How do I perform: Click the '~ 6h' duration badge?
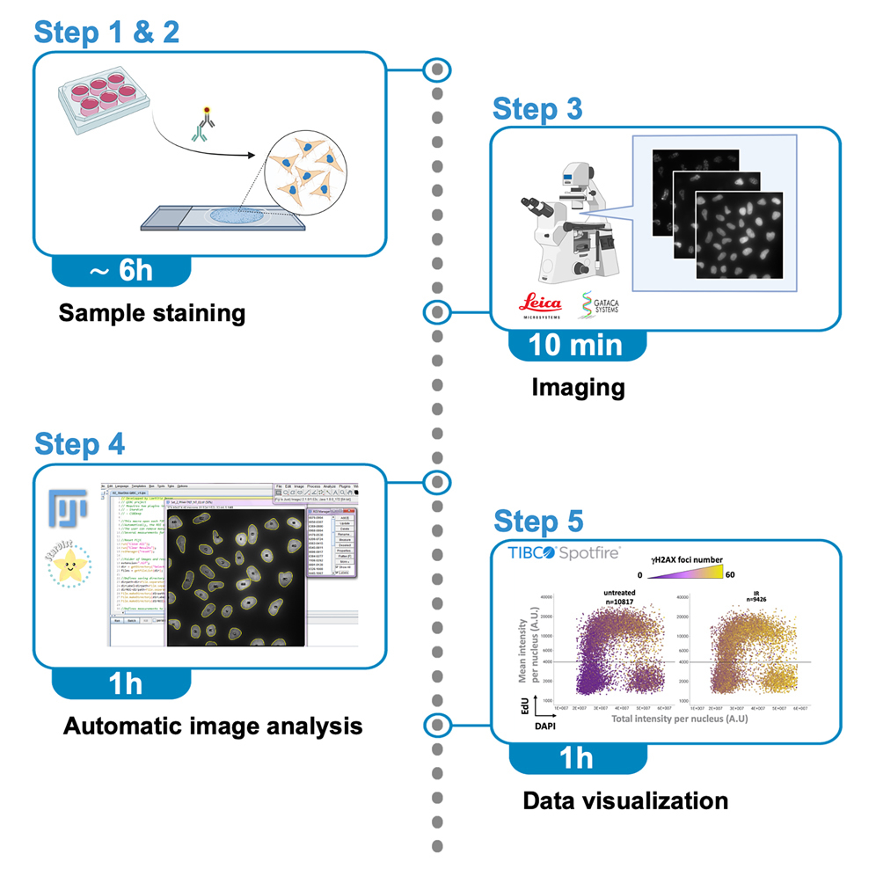tap(121, 270)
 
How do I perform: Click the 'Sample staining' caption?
tap(151, 312)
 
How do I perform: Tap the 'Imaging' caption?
tap(578, 386)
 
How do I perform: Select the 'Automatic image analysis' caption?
tap(212, 726)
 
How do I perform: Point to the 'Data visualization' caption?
tap(625, 800)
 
